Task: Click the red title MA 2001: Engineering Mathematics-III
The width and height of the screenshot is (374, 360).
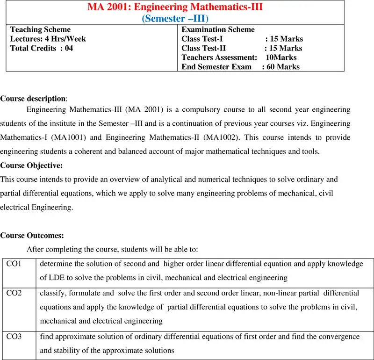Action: (x=175, y=7)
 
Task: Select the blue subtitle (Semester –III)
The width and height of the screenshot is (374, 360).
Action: (x=175, y=18)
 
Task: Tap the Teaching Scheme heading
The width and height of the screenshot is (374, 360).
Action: (x=41, y=29)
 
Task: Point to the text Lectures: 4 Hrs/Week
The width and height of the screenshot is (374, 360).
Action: (x=48, y=39)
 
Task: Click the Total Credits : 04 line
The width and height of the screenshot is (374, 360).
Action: (x=42, y=48)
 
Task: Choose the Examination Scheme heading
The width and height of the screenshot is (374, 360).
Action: (x=218, y=29)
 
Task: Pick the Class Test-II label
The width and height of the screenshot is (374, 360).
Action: (x=203, y=48)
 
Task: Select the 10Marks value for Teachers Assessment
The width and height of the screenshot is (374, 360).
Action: (x=281, y=58)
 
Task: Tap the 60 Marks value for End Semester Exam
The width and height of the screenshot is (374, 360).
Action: (x=283, y=67)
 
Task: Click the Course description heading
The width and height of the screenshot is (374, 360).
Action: (x=33, y=99)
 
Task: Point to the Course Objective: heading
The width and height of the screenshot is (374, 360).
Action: (x=31, y=166)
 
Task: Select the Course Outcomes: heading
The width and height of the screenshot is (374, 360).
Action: (x=32, y=236)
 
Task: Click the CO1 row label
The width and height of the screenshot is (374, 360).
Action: (x=14, y=264)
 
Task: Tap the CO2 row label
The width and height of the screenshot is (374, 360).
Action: (x=14, y=293)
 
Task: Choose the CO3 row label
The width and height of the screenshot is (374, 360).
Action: (x=14, y=337)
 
